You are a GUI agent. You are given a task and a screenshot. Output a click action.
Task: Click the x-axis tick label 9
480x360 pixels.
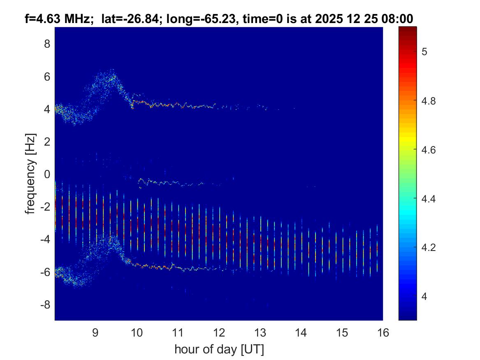(x=95, y=333)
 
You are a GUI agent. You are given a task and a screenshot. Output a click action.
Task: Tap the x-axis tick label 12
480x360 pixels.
(x=219, y=333)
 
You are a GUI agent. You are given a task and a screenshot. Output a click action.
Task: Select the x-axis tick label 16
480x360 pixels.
(x=383, y=333)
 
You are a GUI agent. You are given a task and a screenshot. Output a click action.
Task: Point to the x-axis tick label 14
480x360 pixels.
(x=301, y=333)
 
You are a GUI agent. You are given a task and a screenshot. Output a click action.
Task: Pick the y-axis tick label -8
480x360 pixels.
(x=44, y=305)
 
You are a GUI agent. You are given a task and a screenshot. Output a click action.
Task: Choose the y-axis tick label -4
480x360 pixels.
(x=44, y=239)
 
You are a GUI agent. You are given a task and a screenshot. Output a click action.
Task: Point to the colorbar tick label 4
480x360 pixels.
(x=424, y=296)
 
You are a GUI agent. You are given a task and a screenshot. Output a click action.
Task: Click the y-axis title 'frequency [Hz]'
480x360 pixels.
(x=30, y=174)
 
